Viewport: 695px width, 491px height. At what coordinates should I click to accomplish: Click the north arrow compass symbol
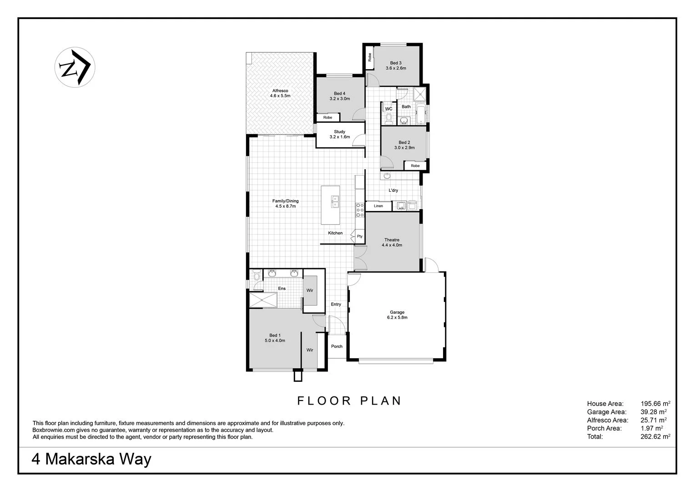coord(75,67)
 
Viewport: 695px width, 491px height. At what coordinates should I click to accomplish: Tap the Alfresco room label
coord(280,93)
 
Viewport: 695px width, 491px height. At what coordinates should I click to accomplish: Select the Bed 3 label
coord(395,65)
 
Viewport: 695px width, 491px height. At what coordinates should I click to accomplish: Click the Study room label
coord(339,134)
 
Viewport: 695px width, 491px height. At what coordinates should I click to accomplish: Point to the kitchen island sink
coord(335,201)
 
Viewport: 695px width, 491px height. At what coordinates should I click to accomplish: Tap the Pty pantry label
coord(359,236)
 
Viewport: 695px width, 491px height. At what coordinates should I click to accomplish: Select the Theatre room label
coord(392,242)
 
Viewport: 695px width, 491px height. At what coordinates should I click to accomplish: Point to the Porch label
coord(337,346)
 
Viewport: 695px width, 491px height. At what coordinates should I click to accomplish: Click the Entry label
coord(336,305)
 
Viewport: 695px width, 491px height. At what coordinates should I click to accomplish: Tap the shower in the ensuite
coord(263,300)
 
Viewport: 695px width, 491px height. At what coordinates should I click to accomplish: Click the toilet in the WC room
coord(388,119)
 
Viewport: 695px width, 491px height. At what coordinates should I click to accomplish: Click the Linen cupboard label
coord(378,206)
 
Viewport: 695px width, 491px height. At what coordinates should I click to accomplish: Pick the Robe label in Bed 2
coord(415,166)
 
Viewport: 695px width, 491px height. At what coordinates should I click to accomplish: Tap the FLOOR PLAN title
coord(349,401)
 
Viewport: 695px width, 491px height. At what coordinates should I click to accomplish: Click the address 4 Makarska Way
coord(91,459)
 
